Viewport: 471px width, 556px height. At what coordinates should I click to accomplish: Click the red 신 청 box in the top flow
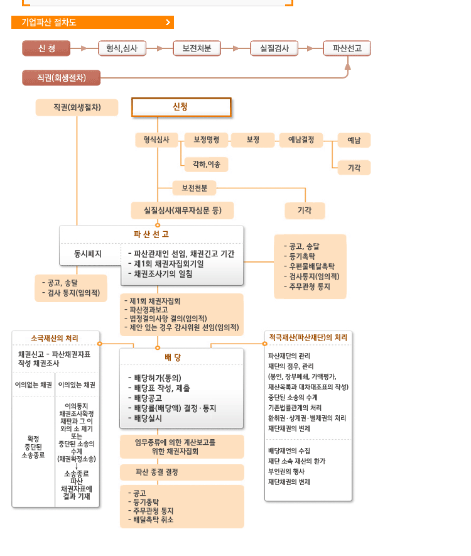46,48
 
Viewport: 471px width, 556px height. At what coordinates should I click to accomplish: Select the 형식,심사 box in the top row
122,48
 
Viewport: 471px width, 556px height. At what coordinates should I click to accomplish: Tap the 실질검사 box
274,48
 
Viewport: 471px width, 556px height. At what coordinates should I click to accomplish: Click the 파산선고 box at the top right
347,48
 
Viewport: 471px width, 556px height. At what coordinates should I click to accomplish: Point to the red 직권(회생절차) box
62,78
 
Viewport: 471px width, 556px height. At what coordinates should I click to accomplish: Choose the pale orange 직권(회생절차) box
77,108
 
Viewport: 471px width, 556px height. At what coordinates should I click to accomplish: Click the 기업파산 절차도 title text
49,23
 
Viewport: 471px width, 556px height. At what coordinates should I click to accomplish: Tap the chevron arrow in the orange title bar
168,23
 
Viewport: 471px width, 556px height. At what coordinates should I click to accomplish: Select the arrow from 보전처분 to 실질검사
235,48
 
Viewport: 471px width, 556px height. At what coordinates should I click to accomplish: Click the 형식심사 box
156,139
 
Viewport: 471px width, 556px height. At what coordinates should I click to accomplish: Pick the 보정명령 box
206,139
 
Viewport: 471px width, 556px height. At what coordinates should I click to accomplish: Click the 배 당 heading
173,357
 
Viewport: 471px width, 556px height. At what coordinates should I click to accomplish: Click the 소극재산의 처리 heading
55,338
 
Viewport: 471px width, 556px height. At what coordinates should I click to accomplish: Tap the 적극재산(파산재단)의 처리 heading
308,338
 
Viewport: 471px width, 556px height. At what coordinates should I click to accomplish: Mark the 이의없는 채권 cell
33,384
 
